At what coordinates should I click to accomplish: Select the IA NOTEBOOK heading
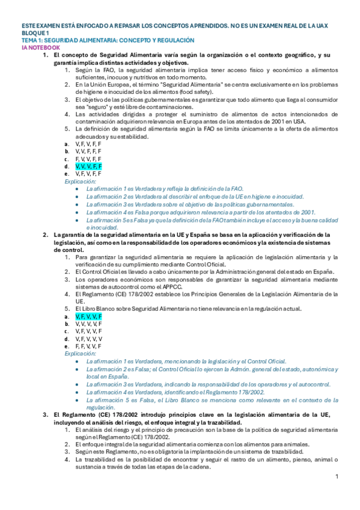click(40, 47)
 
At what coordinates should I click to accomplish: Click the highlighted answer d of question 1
click(88, 165)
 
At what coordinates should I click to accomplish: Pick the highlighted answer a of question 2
click(88, 316)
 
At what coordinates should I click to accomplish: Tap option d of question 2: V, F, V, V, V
click(88, 339)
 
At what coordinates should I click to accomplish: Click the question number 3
click(45, 415)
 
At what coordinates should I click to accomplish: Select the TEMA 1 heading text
click(108, 40)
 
